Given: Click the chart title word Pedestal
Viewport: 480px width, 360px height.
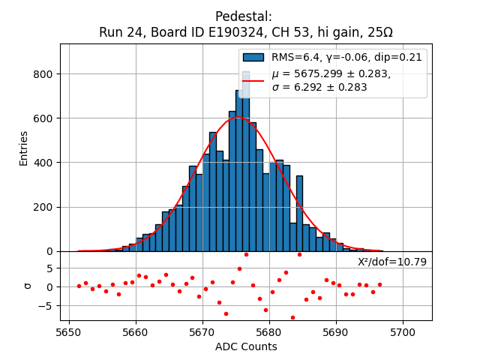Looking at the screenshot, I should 244,16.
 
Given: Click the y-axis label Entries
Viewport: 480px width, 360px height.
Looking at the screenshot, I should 23,148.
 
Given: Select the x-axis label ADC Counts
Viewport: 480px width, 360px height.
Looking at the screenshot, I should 246,346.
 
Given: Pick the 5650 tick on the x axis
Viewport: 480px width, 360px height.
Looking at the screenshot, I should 69,331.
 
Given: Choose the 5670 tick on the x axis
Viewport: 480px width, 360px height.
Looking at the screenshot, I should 202,331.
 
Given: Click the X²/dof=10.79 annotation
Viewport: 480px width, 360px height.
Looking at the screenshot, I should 392,262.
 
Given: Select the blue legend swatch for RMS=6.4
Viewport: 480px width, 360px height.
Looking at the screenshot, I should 253,57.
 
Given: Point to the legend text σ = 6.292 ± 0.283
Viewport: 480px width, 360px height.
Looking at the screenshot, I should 319,87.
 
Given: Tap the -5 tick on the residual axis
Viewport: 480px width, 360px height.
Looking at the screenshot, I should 46,305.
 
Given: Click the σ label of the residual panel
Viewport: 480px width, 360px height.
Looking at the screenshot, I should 28,286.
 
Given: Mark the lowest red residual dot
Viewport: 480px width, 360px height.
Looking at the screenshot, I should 292,317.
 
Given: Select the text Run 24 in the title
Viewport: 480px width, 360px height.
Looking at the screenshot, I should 119,32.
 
